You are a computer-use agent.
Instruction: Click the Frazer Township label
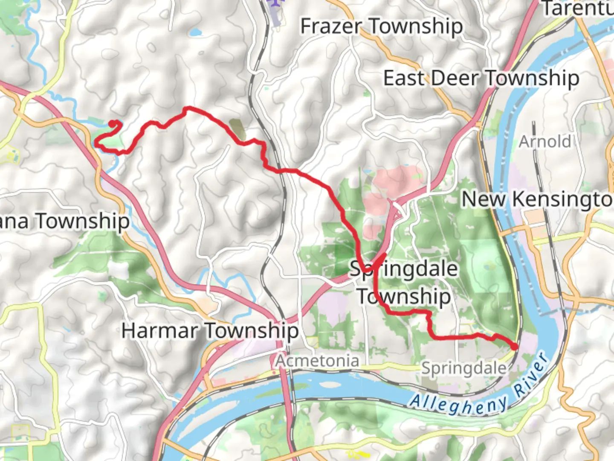381,26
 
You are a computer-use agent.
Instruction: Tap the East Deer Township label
481,79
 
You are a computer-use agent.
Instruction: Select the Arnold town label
544,141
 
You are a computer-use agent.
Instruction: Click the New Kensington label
537,199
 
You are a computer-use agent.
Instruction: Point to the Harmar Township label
210,331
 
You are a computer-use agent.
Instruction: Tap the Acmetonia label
317,361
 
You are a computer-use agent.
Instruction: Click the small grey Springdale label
464,368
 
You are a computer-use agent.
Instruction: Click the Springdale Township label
403,283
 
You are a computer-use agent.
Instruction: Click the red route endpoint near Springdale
515,347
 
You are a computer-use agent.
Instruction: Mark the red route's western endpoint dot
113,124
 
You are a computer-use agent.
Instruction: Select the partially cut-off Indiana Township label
64,221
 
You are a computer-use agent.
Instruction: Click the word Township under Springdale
403,296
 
